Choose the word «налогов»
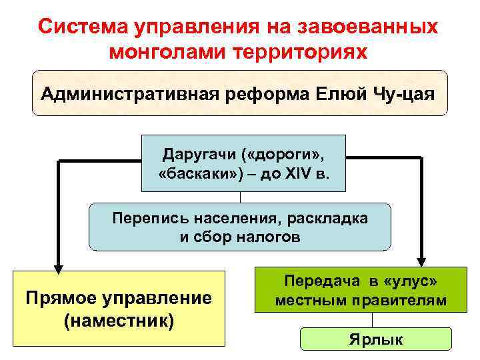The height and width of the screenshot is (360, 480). (x=263, y=237)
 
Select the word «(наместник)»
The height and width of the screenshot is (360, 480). (x=119, y=319)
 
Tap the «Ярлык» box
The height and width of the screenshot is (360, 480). (x=376, y=339)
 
